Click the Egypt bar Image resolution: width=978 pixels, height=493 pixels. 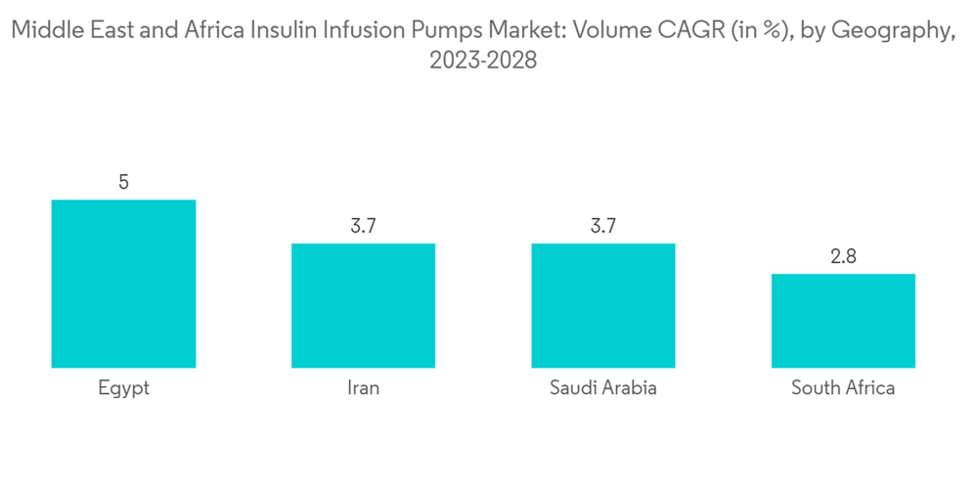[123, 284]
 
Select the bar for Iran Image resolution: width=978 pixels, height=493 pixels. [363, 305]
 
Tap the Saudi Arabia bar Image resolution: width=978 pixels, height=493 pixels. [603, 305]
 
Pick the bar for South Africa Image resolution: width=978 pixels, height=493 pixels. [843, 321]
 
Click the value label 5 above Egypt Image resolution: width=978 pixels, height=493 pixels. [124, 182]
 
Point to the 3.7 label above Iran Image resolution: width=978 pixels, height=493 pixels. [364, 226]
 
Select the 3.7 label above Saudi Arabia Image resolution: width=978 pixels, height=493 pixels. [603, 226]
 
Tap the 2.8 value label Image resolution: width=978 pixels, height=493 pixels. [843, 256]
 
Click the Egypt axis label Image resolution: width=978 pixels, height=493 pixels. [124, 388]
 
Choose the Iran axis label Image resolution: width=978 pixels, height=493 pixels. [364, 388]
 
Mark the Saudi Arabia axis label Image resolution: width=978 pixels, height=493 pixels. [603, 388]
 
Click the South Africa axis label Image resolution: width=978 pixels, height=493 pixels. [843, 388]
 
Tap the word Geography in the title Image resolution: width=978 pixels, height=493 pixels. [891, 32]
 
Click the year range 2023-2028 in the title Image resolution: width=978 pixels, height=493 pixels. [484, 61]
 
